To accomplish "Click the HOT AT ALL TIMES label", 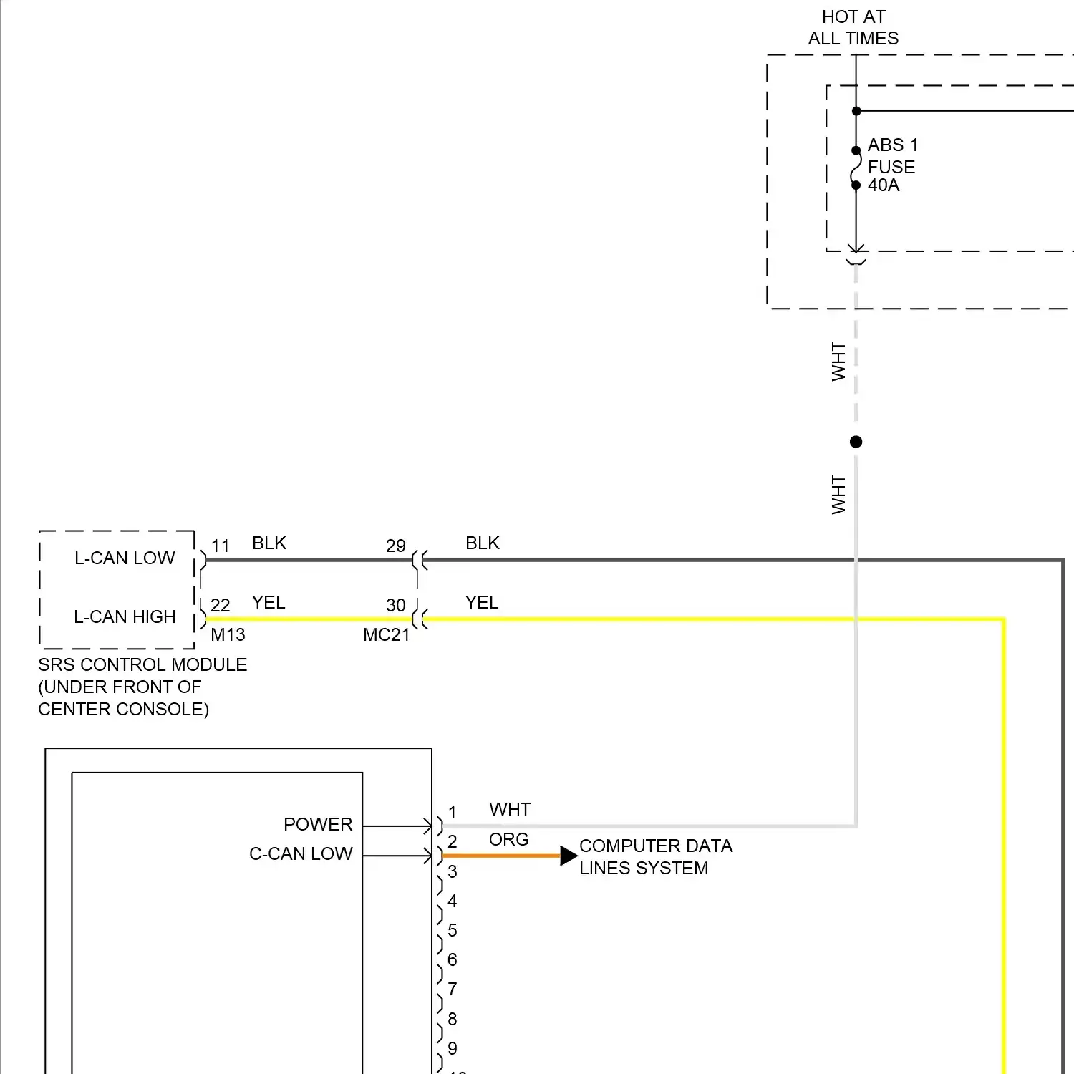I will [853, 27].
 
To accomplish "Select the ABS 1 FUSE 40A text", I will [892, 165].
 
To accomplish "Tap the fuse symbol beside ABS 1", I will [856, 168].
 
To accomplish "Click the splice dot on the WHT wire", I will [856, 442].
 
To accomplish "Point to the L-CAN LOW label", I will [125, 558].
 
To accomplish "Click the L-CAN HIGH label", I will [125, 616].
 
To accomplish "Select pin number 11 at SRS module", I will [221, 546].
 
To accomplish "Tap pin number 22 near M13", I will [221, 606].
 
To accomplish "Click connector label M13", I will [228, 635].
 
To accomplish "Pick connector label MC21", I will [387, 635].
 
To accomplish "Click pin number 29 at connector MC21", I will [396, 546].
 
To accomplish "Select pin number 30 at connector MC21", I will [396, 606].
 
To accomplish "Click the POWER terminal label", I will [318, 824].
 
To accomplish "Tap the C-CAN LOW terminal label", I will [301, 853].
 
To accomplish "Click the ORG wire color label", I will [509, 839].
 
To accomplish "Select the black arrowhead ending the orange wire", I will [569, 855].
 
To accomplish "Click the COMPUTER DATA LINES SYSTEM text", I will [655, 857].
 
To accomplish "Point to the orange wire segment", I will [501, 856].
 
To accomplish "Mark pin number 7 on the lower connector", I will [453, 990].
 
